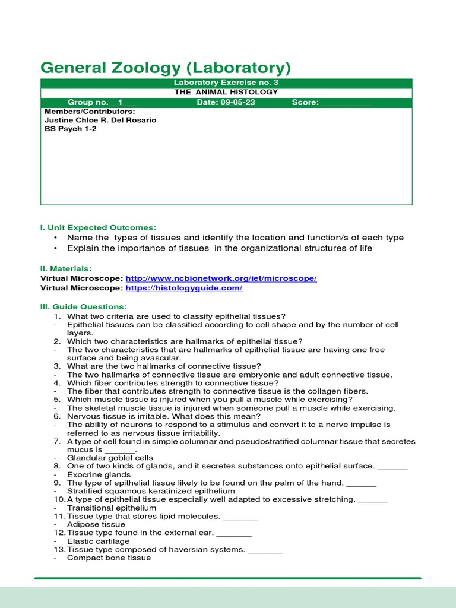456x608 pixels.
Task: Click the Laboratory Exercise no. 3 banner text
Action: pyautogui.click(x=225, y=83)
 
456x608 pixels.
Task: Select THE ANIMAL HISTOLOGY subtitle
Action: pyautogui.click(x=226, y=92)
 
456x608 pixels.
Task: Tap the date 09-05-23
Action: pyautogui.click(x=237, y=103)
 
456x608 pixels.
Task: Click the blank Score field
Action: pyautogui.click(x=345, y=103)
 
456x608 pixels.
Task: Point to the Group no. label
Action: pyautogui.click(x=88, y=103)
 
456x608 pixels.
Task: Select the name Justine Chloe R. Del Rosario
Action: pyautogui.click(x=100, y=120)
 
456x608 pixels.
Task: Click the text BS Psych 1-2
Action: pyautogui.click(x=70, y=129)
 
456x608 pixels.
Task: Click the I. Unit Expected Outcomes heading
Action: pyautogui.click(x=98, y=227)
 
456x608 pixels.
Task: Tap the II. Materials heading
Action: pyautogui.click(x=66, y=269)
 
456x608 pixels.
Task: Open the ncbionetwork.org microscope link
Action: pyautogui.click(x=221, y=278)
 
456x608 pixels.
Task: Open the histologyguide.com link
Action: pyautogui.click(x=184, y=288)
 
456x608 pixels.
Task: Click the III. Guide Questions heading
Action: pyautogui.click(x=83, y=306)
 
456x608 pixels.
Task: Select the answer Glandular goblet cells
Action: pyautogui.click(x=110, y=458)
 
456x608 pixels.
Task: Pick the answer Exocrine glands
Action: pyautogui.click(x=99, y=475)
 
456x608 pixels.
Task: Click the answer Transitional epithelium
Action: pyautogui.click(x=112, y=508)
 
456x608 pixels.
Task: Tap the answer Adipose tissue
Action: pyautogui.click(x=96, y=525)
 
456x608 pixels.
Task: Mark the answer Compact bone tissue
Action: pyautogui.click(x=109, y=558)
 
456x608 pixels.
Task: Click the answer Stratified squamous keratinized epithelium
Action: pyautogui.click(x=151, y=492)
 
